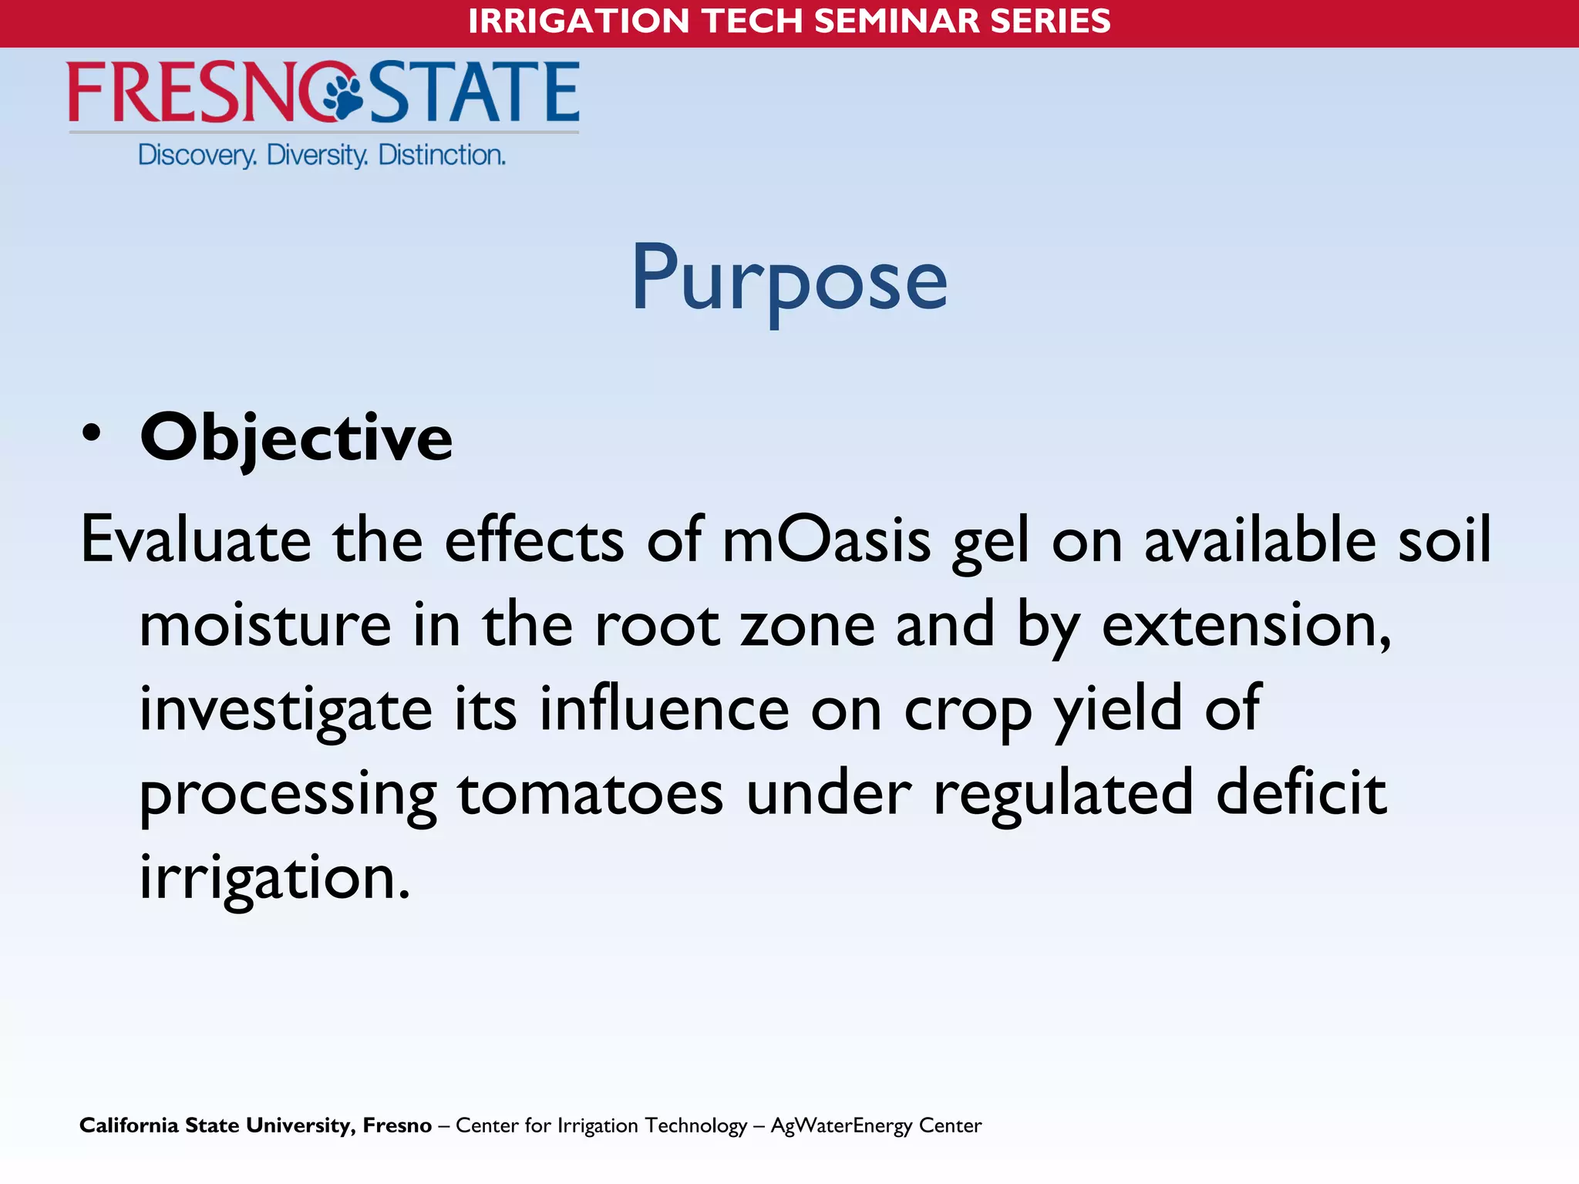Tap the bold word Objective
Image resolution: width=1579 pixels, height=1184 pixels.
(x=296, y=438)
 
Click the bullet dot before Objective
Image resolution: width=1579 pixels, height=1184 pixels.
(x=91, y=434)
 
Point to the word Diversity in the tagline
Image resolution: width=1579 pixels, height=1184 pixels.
(x=317, y=156)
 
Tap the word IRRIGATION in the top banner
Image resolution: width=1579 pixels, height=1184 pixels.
(x=578, y=21)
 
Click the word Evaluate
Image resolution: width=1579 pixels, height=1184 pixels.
(x=196, y=540)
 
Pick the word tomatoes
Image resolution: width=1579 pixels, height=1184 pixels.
(x=591, y=794)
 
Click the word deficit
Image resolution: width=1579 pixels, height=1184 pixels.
(x=1301, y=794)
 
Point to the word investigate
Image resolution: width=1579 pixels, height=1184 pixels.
(x=285, y=709)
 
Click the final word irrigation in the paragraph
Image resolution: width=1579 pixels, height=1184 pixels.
(x=274, y=879)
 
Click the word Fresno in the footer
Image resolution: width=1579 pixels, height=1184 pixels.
(x=397, y=1125)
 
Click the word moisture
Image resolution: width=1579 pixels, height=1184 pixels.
(x=265, y=624)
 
